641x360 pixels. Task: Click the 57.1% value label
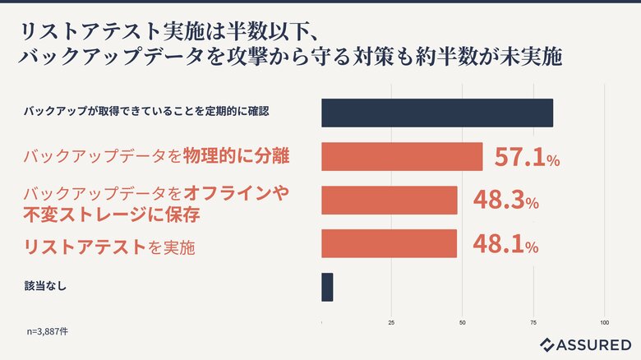coord(527,157)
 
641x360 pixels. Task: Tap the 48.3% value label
coord(505,201)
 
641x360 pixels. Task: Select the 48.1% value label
coord(505,244)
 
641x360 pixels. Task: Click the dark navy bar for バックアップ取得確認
coord(436,113)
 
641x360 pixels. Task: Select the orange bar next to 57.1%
coord(402,157)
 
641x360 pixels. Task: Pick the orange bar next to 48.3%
coord(389,201)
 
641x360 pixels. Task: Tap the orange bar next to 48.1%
coord(389,244)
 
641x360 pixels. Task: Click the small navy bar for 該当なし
coord(327,287)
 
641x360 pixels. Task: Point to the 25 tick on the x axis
coord(391,322)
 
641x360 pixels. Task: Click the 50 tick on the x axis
coord(463,322)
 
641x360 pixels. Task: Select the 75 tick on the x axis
coord(534,322)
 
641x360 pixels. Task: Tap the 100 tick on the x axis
coord(605,322)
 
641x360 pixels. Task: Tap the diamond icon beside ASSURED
coord(548,344)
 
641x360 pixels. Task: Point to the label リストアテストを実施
coord(109,246)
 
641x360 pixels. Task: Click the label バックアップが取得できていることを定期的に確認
coord(146,110)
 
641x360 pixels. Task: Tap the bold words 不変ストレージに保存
coord(113,215)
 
